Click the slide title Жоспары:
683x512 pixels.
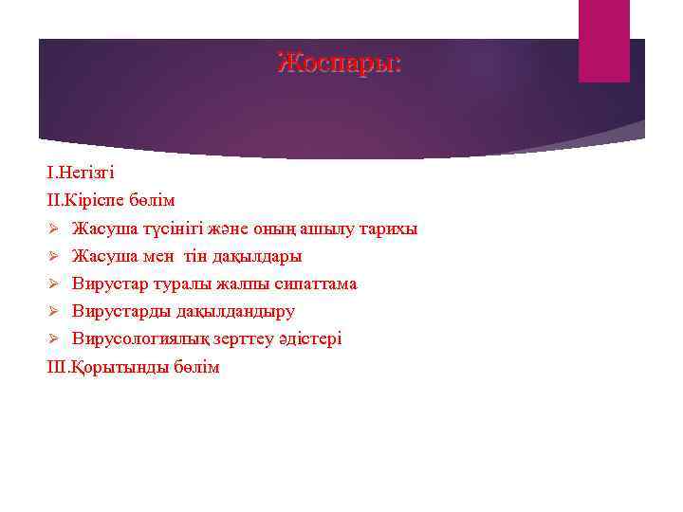tap(340, 64)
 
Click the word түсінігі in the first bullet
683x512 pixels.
tap(163, 229)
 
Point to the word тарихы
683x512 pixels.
tap(386, 229)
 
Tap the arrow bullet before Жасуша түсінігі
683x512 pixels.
tap(54, 229)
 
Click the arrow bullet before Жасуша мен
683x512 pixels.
tap(54, 256)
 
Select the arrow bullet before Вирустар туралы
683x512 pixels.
tap(54, 283)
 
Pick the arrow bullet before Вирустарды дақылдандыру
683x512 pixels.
tap(54, 311)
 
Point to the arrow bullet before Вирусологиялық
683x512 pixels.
tap(54, 338)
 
